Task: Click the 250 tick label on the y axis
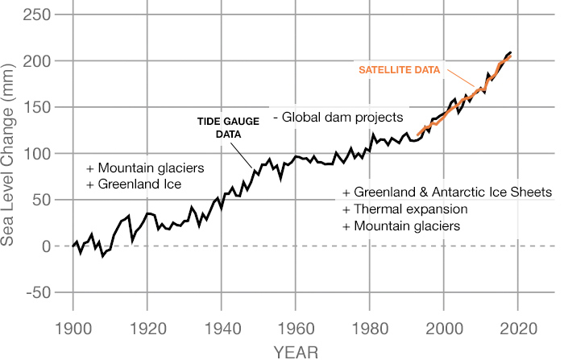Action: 36,14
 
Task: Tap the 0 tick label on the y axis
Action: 45,246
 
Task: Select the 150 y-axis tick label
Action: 36,107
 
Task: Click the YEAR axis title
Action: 295,351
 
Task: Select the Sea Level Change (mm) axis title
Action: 11,153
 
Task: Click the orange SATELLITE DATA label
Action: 400,70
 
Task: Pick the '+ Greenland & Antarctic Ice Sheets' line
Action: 446,192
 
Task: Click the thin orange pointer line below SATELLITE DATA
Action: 461,83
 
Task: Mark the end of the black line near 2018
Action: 510,52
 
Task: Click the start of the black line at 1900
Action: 73,246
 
